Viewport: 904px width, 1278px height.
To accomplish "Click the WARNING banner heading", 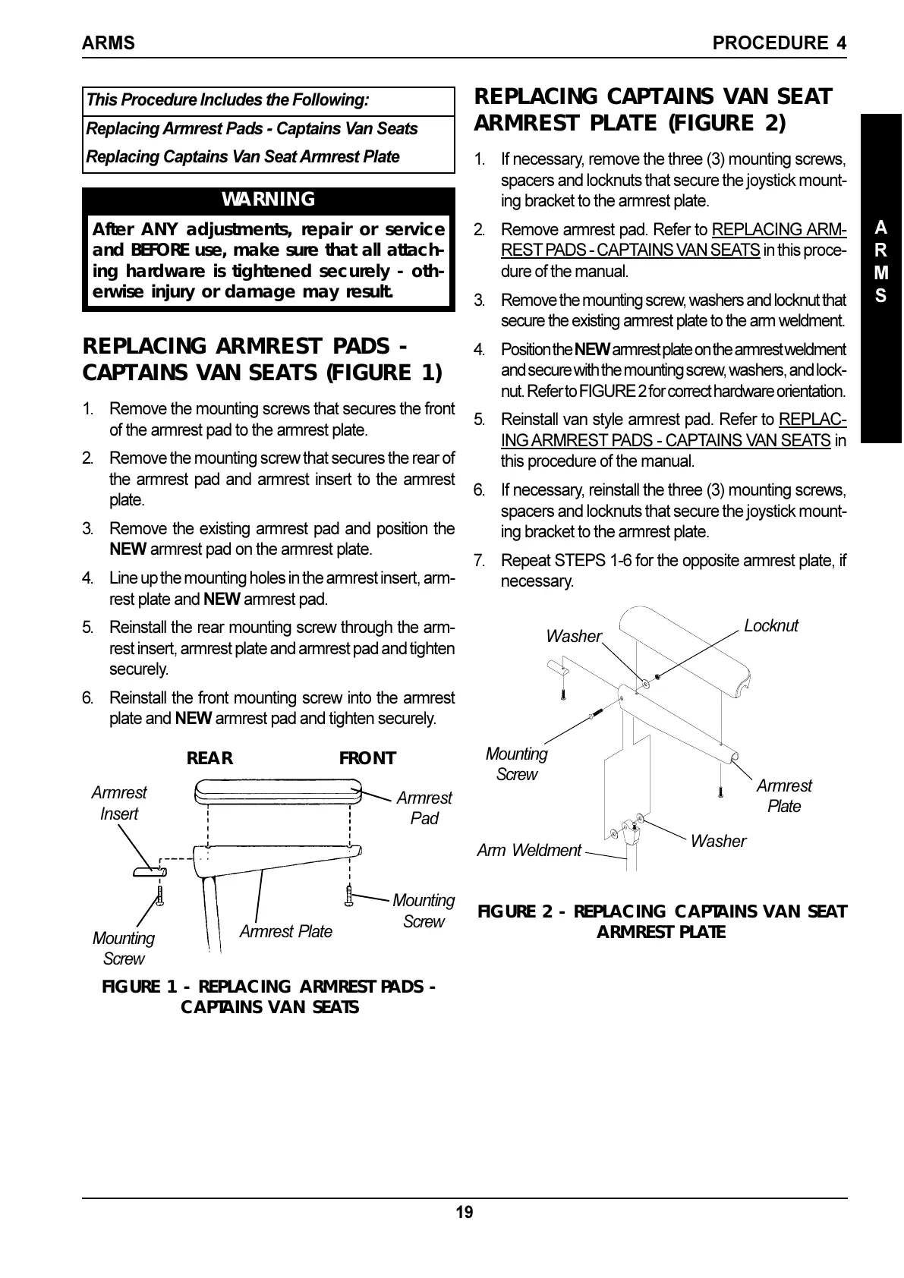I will (x=268, y=200).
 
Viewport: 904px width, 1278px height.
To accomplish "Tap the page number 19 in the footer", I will (x=465, y=1213).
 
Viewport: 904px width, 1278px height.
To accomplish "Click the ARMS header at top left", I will (x=108, y=43).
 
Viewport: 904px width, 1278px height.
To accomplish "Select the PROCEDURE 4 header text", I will (x=780, y=43).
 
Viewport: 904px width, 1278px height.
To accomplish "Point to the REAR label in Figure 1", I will (x=209, y=758).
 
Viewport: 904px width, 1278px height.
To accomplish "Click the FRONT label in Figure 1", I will (x=367, y=758).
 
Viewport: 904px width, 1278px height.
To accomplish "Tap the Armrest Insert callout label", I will (x=119, y=803).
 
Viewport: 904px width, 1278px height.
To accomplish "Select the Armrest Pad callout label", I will (x=424, y=808).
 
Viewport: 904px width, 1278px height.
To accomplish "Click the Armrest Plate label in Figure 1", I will (x=286, y=931).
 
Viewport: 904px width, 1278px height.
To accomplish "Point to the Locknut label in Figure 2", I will (x=770, y=625).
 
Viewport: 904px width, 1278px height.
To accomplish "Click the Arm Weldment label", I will (x=529, y=850).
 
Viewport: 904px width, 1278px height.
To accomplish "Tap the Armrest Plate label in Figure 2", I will (x=784, y=796).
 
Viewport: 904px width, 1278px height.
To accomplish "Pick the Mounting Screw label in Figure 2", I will (x=516, y=764).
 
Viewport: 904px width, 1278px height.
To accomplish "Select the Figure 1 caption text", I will (x=269, y=996).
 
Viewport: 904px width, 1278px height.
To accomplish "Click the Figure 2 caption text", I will (x=661, y=921).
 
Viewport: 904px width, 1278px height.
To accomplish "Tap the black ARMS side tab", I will (x=880, y=262).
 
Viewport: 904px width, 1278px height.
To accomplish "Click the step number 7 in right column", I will (x=479, y=561).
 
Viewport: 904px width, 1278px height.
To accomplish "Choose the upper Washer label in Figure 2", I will (x=574, y=636).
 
